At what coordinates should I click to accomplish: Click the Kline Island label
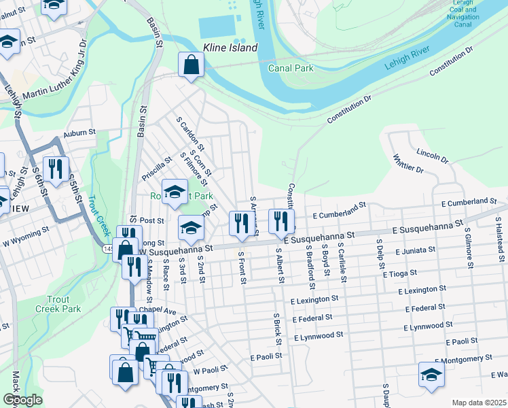(x=230, y=48)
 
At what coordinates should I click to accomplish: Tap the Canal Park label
(x=291, y=68)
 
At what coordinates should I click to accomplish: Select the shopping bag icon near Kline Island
(x=192, y=65)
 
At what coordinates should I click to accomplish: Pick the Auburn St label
(x=77, y=134)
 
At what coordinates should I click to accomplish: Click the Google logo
(x=22, y=400)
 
